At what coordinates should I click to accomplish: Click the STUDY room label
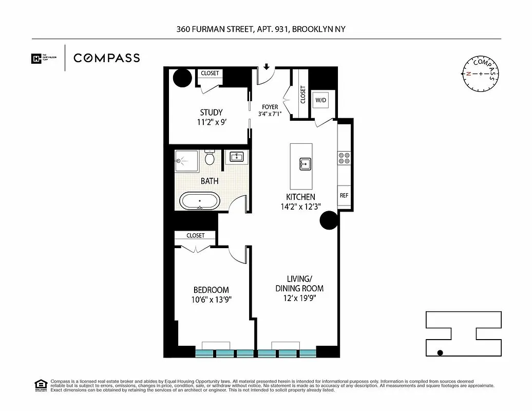coord(211,113)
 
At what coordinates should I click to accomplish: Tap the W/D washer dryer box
coord(320,100)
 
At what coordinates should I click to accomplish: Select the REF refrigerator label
coord(344,196)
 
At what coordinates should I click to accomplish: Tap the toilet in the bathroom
coord(210,158)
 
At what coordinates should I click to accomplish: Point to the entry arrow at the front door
coord(267,67)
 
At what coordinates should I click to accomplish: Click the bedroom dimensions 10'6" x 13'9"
coord(211,300)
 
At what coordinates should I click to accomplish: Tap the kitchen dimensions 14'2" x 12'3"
coord(300,207)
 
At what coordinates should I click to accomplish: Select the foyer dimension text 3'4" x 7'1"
coord(270,114)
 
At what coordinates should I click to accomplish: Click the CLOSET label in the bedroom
coord(196,236)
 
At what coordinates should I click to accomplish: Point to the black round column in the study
coord(182,78)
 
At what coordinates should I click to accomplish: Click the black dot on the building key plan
coord(440,352)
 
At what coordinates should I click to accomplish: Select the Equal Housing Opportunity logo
coord(40,385)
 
